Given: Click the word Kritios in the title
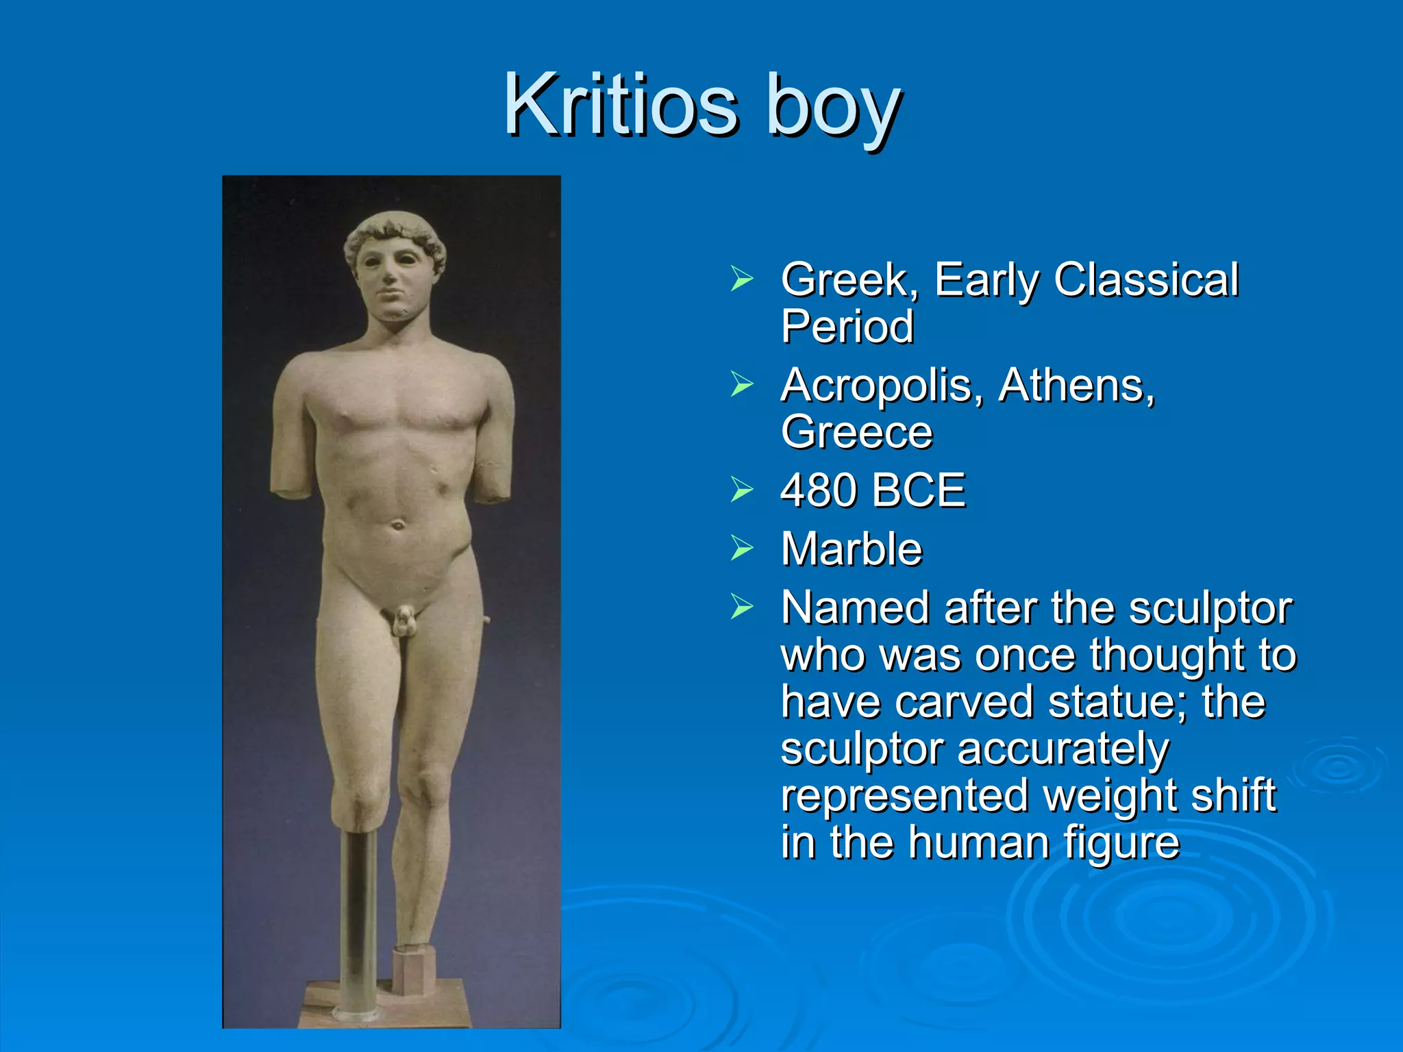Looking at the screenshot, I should (621, 106).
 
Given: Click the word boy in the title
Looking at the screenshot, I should (832, 110).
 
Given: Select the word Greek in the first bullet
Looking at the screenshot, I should (849, 281).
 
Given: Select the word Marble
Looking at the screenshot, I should (852, 549).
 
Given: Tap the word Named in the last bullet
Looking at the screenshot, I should (856, 608).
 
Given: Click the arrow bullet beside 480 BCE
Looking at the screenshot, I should (741, 490).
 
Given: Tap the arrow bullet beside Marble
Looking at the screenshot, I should (741, 549).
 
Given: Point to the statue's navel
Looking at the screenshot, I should (397, 526).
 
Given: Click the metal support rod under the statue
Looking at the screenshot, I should (358, 918).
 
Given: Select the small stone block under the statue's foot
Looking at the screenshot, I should (414, 968).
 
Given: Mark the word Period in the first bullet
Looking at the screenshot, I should (847, 326).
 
